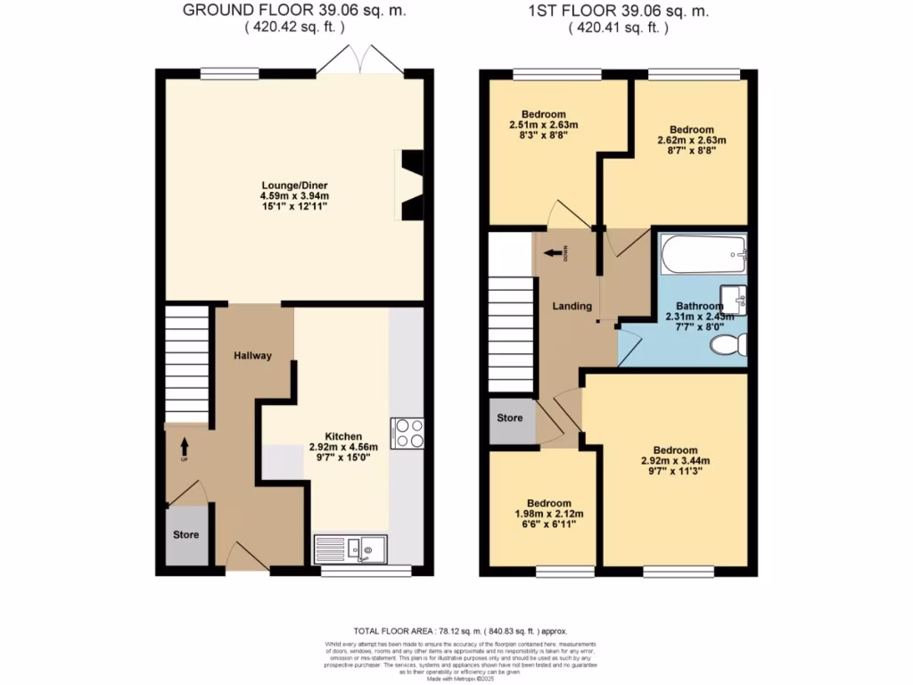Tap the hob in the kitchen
407,433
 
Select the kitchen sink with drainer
350,549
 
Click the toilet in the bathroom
733,347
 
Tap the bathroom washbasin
736,299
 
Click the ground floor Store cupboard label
185,535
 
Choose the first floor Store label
510,417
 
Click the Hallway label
252,356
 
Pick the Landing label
572,306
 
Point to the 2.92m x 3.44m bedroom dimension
675,461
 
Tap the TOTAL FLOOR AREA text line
459,630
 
